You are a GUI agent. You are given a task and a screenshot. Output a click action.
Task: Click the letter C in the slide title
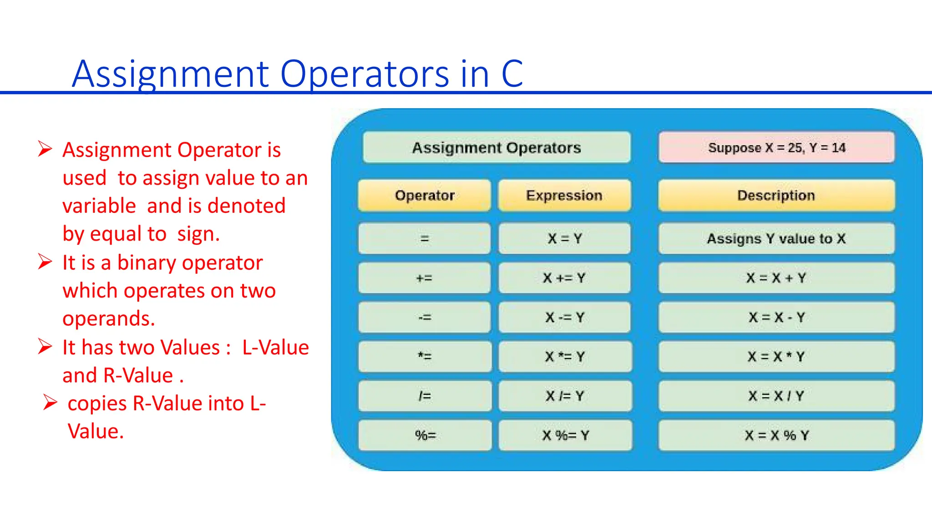512,74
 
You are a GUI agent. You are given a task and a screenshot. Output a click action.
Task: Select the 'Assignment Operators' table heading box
496,147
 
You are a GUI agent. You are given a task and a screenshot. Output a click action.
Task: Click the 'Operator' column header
425,196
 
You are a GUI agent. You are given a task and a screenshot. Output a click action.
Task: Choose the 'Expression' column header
564,196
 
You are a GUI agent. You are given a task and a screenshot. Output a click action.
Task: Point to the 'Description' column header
776,196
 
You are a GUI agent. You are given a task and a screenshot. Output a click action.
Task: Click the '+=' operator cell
425,278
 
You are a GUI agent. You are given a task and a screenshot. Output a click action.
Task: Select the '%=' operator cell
425,435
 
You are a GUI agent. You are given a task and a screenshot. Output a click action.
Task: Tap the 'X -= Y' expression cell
565,317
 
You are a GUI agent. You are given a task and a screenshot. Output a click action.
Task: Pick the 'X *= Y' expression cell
565,357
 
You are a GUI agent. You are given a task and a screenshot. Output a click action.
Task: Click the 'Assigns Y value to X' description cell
776,238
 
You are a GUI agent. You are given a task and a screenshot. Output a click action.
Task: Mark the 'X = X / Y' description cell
776,396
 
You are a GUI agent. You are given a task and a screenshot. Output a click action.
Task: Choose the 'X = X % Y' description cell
776,435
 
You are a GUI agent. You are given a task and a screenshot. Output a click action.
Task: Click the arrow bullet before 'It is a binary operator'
45,262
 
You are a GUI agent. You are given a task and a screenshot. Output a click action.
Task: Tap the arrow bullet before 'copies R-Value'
50,403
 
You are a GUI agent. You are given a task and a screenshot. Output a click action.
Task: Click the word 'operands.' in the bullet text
109,318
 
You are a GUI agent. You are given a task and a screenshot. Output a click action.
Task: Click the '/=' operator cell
425,396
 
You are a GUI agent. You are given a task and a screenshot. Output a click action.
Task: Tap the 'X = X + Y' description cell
776,278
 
